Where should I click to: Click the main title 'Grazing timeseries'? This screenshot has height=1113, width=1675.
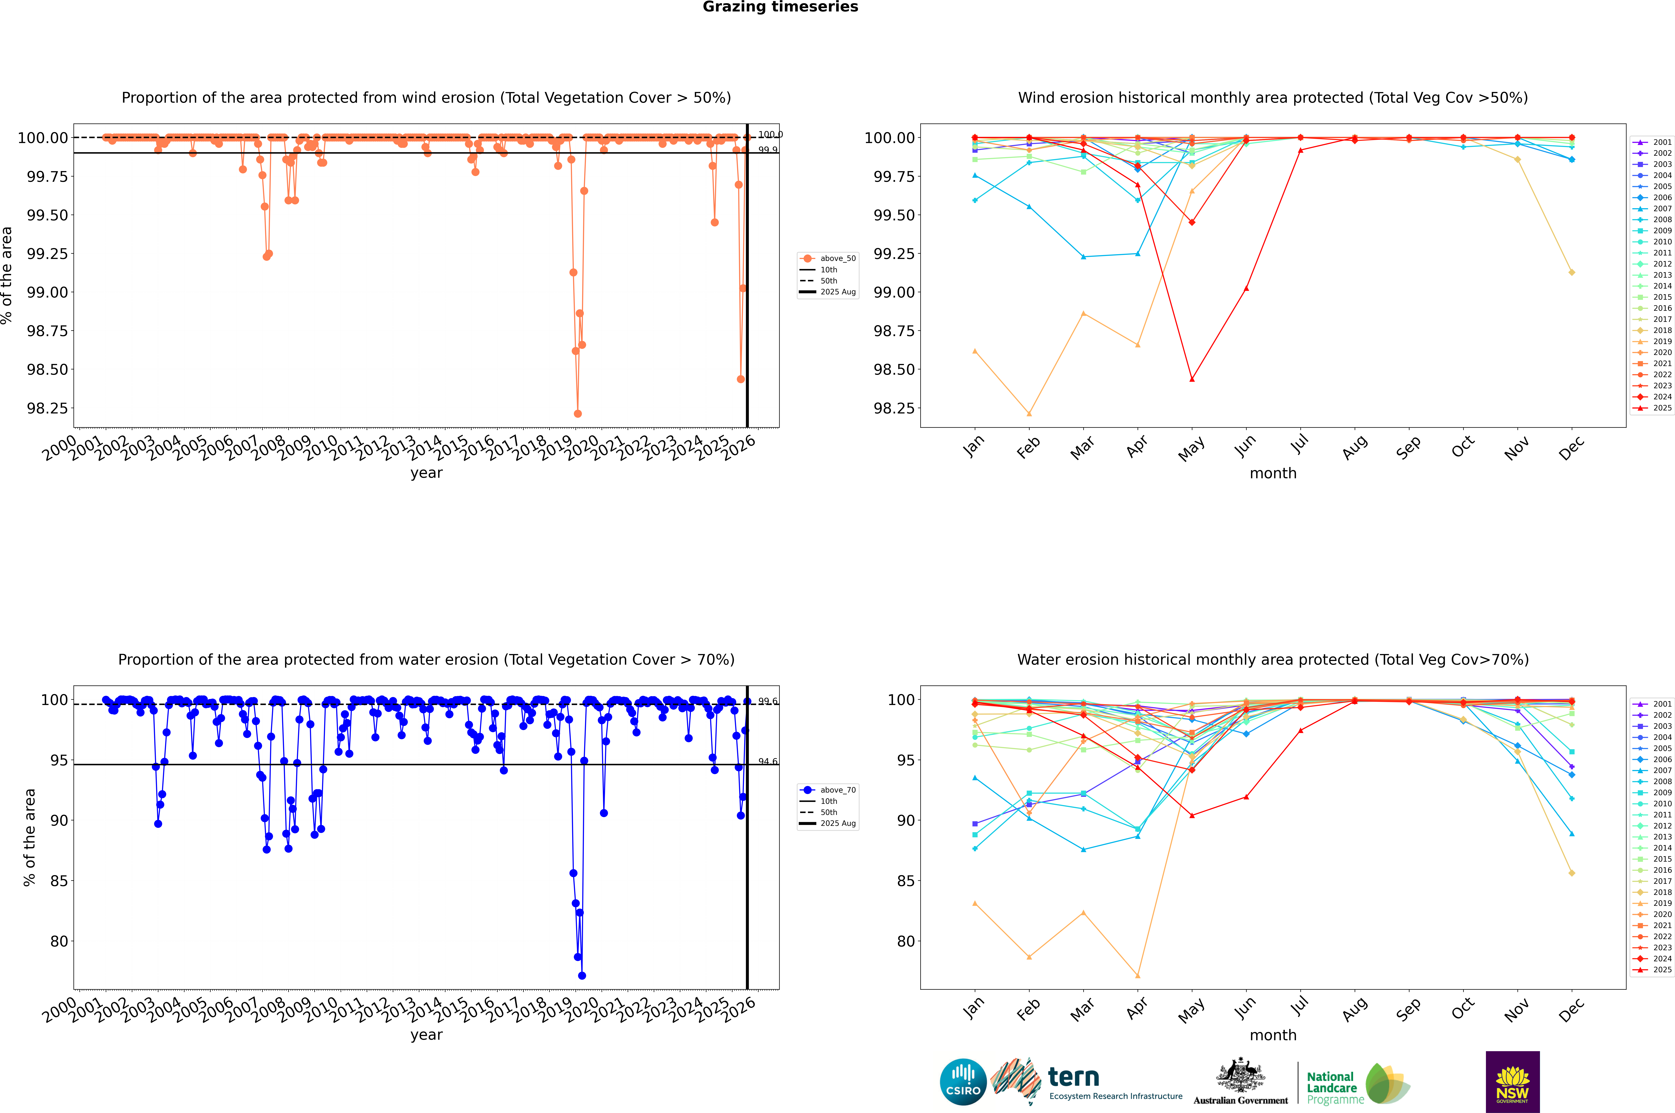coord(780,7)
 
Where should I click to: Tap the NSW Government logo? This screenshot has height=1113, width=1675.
coord(1512,1082)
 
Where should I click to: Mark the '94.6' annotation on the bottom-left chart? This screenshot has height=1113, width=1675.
coord(768,762)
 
